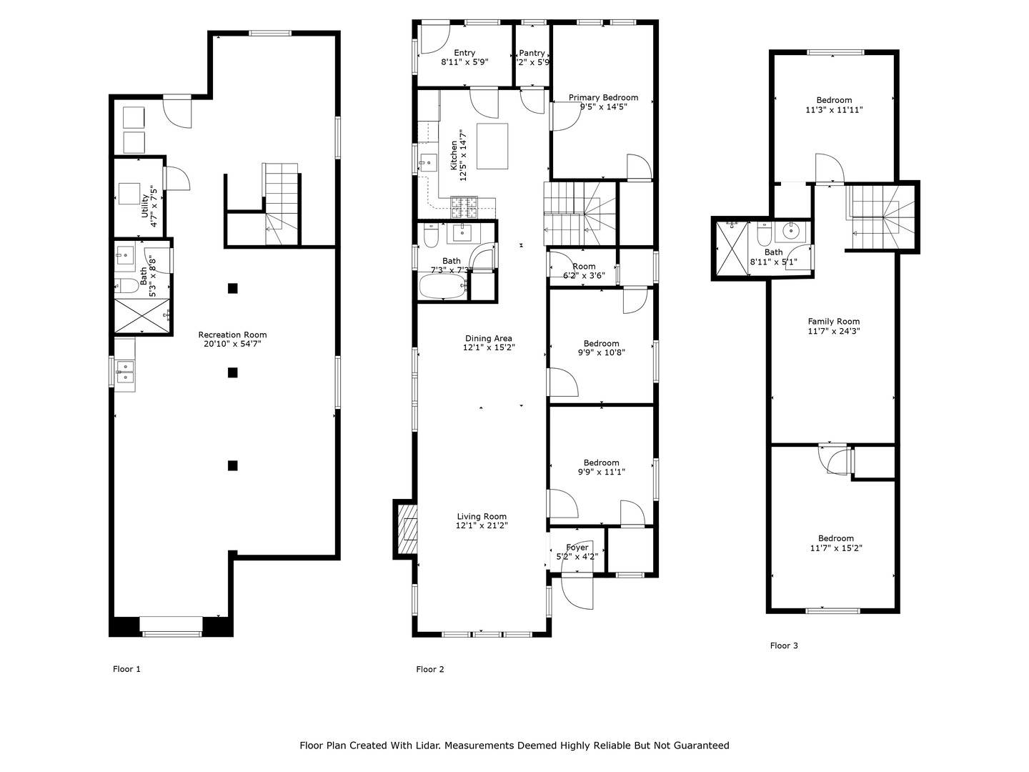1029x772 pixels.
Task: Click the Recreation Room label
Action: pyautogui.click(x=232, y=335)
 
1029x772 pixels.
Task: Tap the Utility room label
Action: pyautogui.click(x=145, y=206)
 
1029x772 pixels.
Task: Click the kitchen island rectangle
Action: pyautogui.click(x=492, y=146)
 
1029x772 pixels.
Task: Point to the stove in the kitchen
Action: pyautogui.click(x=463, y=208)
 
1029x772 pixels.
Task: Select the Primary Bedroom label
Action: pyautogui.click(x=603, y=98)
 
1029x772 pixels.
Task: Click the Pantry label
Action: pyautogui.click(x=532, y=53)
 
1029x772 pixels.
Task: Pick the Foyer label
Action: pyautogui.click(x=577, y=548)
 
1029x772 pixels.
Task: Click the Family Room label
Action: pyautogui.click(x=833, y=322)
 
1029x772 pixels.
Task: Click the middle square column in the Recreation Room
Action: pyautogui.click(x=232, y=372)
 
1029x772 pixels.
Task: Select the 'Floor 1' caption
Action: pyautogui.click(x=126, y=669)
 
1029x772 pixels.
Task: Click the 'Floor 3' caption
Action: pyautogui.click(x=784, y=645)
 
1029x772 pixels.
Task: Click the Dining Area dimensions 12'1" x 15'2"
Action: pyautogui.click(x=489, y=347)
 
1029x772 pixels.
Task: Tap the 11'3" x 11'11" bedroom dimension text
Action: pyautogui.click(x=834, y=110)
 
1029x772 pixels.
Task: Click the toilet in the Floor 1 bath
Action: pyautogui.click(x=127, y=286)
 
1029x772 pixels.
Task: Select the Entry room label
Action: pyautogui.click(x=464, y=53)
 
